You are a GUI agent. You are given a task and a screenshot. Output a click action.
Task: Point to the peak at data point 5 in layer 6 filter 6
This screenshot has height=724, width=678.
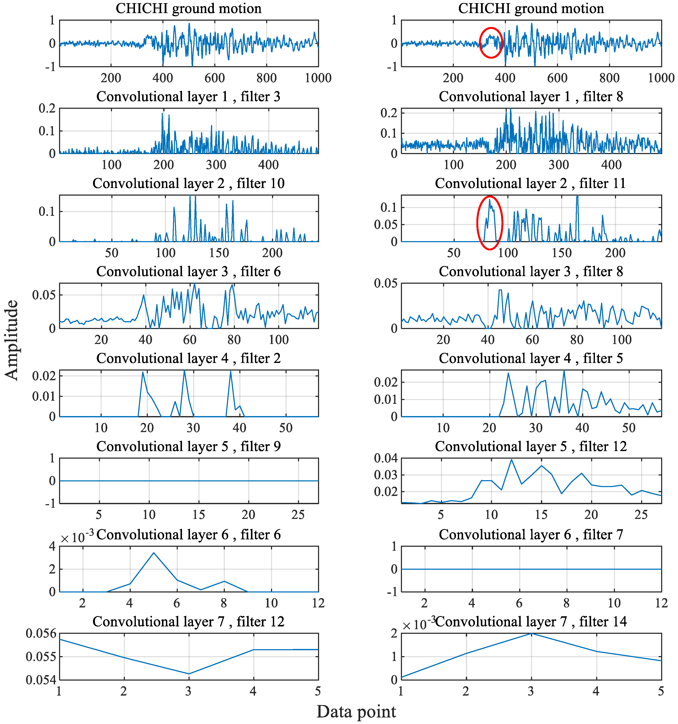click(x=154, y=553)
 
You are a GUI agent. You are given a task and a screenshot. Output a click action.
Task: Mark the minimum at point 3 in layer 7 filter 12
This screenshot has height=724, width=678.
click(x=189, y=674)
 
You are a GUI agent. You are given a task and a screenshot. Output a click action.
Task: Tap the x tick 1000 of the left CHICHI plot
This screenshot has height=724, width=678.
click(x=318, y=78)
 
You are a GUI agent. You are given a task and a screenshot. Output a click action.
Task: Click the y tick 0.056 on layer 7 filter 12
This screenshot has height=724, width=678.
click(x=41, y=634)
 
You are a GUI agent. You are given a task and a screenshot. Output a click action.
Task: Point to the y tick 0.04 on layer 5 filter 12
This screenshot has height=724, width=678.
click(x=386, y=458)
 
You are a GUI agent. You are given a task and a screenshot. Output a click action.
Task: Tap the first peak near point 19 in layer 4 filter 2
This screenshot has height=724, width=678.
click(x=143, y=372)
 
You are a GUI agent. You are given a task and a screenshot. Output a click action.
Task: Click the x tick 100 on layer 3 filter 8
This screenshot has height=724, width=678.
click(x=621, y=340)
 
